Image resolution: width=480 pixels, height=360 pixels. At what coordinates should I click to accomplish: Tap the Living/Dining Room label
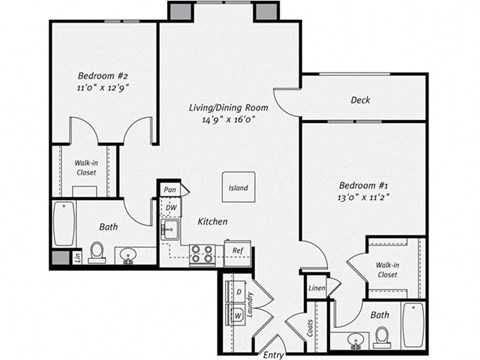(229, 106)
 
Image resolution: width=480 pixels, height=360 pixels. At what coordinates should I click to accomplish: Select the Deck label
(361, 100)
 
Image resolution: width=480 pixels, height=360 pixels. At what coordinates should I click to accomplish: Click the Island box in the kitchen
(239, 187)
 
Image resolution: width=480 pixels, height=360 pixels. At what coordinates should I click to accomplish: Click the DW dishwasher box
(171, 207)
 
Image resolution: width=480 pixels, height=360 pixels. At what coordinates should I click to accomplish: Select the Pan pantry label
(170, 189)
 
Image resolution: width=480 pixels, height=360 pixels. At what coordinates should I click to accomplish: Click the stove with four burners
(201, 254)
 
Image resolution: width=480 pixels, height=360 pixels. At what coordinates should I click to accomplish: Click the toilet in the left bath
(98, 251)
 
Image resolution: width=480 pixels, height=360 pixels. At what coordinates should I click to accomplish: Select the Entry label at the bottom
(272, 352)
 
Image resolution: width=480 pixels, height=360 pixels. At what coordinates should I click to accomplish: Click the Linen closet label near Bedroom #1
(316, 288)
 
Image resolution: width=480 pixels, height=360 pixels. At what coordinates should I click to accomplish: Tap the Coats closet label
(311, 327)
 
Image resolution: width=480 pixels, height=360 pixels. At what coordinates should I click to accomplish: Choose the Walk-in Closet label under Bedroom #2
(84, 167)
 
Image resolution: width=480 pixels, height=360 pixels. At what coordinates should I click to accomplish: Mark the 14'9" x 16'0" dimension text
(229, 119)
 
